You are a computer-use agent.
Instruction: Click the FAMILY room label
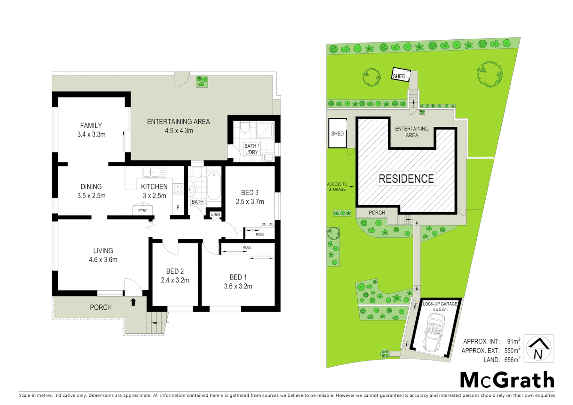(x=91, y=130)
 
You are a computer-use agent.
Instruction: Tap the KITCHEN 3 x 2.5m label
(x=154, y=191)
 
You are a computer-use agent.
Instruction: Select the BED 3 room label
(x=250, y=197)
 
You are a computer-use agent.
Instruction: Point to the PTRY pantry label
(x=142, y=210)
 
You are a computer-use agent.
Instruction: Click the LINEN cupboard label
(x=215, y=214)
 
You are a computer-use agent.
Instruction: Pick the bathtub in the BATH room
(x=214, y=186)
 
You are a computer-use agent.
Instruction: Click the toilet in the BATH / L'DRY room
(x=245, y=128)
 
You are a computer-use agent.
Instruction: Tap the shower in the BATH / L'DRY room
(x=266, y=130)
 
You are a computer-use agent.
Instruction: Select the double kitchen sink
(x=154, y=172)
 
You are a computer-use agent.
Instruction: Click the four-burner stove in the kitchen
(x=178, y=189)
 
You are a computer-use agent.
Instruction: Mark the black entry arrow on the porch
(x=133, y=301)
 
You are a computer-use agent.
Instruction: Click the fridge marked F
(x=178, y=207)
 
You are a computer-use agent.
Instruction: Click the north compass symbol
(x=538, y=348)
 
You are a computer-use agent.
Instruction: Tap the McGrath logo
(x=507, y=380)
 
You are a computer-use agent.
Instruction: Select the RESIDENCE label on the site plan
(x=406, y=179)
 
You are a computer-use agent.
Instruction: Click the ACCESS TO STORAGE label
(x=337, y=187)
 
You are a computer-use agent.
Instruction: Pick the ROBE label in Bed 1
(x=247, y=247)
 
